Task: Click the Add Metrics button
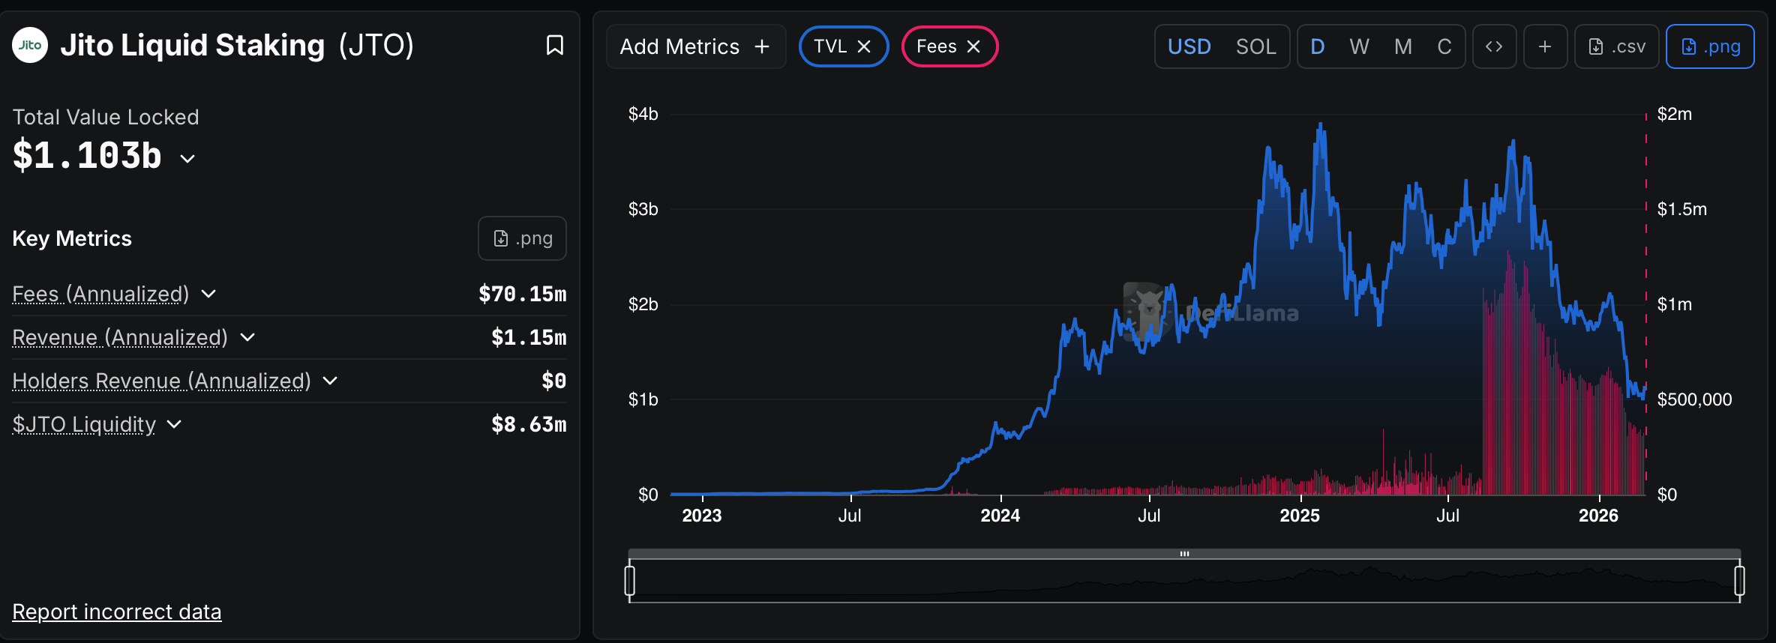point(695,46)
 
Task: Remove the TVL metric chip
point(864,46)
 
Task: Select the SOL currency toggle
point(1255,46)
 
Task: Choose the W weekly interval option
point(1359,46)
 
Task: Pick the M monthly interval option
point(1402,46)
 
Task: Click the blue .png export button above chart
point(1710,46)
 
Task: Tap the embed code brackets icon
point(1494,46)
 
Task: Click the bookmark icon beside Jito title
point(555,45)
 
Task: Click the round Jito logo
point(30,45)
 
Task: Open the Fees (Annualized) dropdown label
point(101,294)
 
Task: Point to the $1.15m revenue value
point(529,337)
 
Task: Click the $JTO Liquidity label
point(84,424)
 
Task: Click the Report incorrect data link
point(117,612)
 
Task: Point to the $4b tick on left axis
point(643,114)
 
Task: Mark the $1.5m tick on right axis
point(1681,209)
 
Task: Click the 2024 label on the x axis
point(1000,516)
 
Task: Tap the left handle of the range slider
point(630,580)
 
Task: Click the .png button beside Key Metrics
point(522,238)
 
